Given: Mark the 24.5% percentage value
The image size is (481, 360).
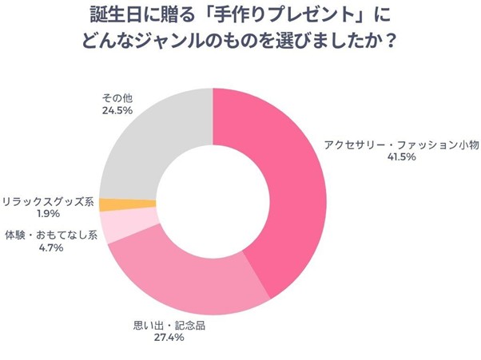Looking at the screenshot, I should (116, 111).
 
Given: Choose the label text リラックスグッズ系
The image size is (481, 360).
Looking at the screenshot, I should (48, 202).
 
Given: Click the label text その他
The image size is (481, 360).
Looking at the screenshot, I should (116, 98).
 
